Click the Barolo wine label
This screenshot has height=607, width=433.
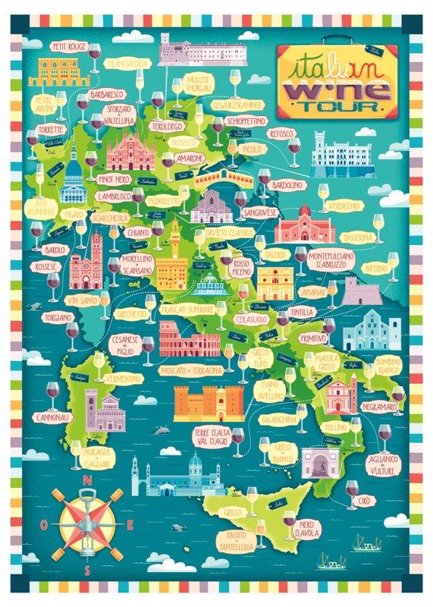(54, 250)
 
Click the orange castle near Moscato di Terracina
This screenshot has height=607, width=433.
(209, 402)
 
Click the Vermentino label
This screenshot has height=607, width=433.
(122, 378)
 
